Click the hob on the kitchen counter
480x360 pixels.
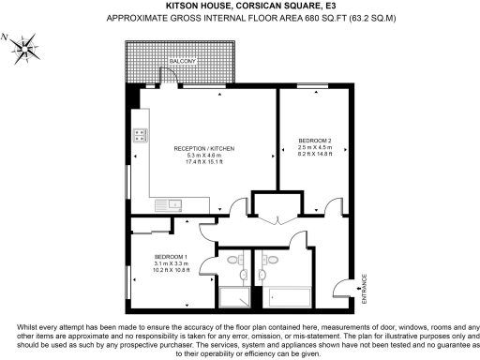pyautogui.click(x=140, y=134)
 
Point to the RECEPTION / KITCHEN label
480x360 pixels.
pyautogui.click(x=203, y=150)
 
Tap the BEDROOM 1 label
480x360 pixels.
pyautogui.click(x=170, y=258)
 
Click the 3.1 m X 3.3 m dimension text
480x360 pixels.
pyautogui.click(x=170, y=265)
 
